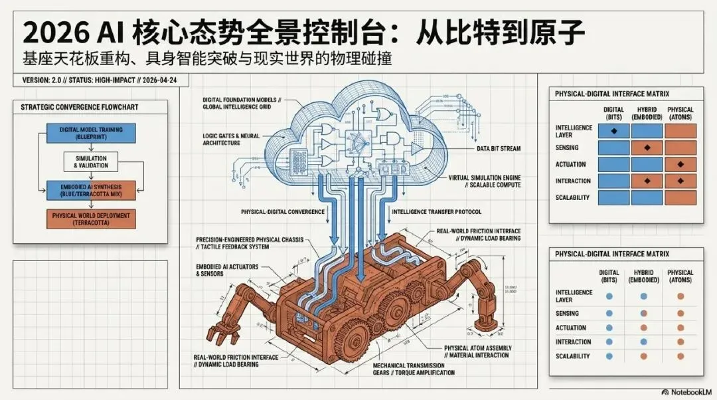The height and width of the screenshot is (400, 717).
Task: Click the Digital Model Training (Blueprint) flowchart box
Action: click(x=90, y=133)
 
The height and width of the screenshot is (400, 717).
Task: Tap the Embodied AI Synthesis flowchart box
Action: click(x=90, y=189)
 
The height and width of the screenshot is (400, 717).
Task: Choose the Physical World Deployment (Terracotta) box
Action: click(x=90, y=219)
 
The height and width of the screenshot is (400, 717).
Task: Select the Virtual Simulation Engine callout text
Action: click(x=481, y=181)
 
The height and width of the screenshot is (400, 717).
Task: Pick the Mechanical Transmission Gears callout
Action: click(x=414, y=369)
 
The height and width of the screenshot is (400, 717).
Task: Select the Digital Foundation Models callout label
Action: click(x=242, y=103)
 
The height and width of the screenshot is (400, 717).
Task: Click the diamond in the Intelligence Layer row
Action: click(x=613, y=132)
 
